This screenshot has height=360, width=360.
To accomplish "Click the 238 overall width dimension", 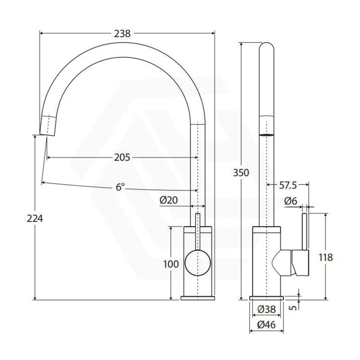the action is [x=122, y=33].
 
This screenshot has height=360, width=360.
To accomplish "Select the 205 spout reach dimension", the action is [x=122, y=157].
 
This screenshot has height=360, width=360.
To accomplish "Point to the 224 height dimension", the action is [x=35, y=218].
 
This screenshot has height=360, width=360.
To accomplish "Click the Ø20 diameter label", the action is [x=169, y=200].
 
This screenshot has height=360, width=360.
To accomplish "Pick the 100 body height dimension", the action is [x=171, y=264].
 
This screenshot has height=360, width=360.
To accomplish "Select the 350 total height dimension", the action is [x=241, y=173].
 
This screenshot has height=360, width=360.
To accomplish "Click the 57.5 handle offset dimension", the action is [x=288, y=185].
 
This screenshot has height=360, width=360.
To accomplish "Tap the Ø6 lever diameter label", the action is [x=291, y=201].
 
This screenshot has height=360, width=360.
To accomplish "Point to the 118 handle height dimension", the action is [x=325, y=257].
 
